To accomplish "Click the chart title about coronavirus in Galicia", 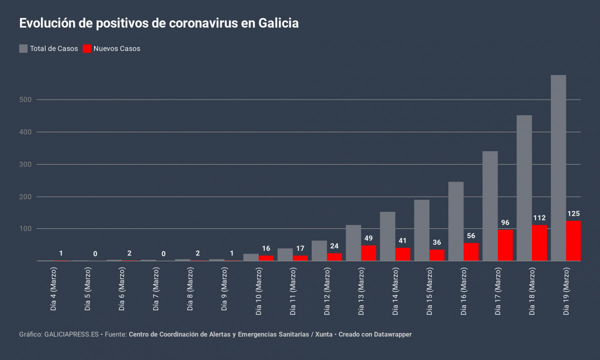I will (x=159, y=24).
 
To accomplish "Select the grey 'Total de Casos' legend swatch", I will (x=24, y=49).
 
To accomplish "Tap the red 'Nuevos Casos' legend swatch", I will (x=87, y=49).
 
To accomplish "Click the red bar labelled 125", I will (x=573, y=241).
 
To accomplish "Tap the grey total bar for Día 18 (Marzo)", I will (x=524, y=188).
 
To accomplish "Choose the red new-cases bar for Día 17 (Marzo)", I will (x=505, y=245).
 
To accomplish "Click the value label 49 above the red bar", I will (x=368, y=238).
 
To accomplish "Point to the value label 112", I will (x=539, y=218).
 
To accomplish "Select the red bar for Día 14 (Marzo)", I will (x=403, y=254).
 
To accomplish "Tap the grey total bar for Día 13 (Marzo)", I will (x=353, y=243).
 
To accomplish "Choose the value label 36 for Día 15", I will (x=437, y=242).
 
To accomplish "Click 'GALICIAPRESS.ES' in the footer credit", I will (x=72, y=334).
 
